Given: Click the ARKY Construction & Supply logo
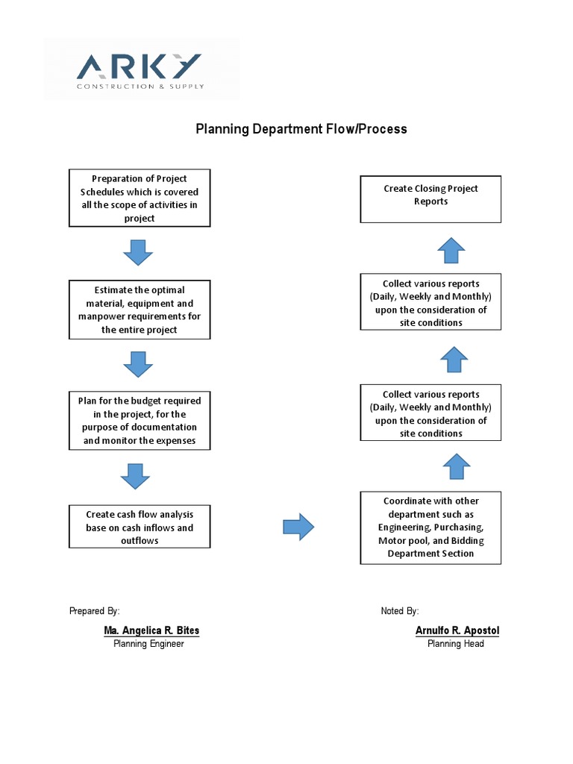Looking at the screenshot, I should click(140, 70).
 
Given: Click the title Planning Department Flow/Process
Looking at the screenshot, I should click(301, 129).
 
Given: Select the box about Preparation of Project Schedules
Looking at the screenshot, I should click(140, 198).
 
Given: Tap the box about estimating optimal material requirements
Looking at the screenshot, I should click(140, 310).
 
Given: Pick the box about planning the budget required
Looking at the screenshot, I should click(140, 421).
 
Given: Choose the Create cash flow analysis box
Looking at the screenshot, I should click(140, 527).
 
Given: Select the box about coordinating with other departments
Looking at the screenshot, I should click(430, 527).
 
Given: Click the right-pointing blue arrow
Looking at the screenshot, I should click(298, 527).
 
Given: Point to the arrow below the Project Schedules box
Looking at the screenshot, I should click(138, 253).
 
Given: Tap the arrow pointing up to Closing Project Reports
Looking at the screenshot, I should click(451, 250).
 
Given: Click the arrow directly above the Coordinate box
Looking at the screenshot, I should click(457, 467).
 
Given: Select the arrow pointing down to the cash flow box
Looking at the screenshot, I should click(136, 476).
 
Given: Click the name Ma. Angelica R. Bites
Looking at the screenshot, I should click(151, 631).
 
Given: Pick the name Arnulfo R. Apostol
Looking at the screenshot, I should click(457, 631).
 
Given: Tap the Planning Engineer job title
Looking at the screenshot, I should click(148, 644).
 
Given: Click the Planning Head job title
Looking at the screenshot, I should click(456, 644).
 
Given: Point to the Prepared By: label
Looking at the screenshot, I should click(95, 611).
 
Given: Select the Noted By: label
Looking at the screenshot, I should click(400, 611).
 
